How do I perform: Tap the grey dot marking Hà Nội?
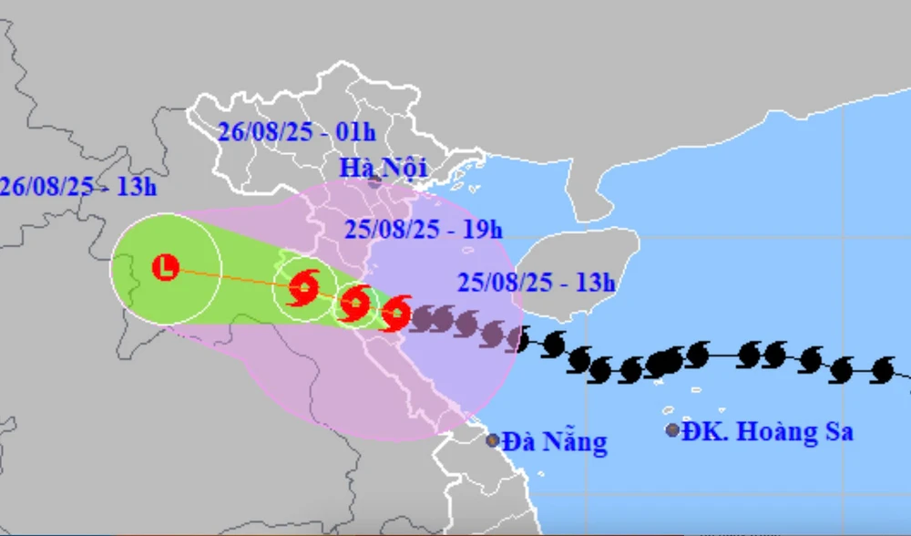pyautogui.click(x=374, y=180)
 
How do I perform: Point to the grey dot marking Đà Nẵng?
pyautogui.click(x=493, y=440)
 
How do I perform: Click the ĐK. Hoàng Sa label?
pyautogui.click(x=773, y=431)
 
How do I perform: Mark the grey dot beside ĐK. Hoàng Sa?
pyautogui.click(x=672, y=430)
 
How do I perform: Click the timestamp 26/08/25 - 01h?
pyautogui.click(x=297, y=132)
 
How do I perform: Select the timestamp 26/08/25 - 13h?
pyautogui.click(x=78, y=186)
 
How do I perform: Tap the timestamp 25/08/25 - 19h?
pyautogui.click(x=424, y=228)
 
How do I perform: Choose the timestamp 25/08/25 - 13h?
pyautogui.click(x=537, y=282)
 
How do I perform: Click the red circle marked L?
pyautogui.click(x=165, y=268)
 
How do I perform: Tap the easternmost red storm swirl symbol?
pyautogui.click(x=396, y=313)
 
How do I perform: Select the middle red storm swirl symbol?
pyautogui.click(x=354, y=301)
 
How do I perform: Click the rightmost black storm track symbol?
pyautogui.click(x=881, y=369)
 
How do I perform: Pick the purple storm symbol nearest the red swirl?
pyautogui.click(x=422, y=318)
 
